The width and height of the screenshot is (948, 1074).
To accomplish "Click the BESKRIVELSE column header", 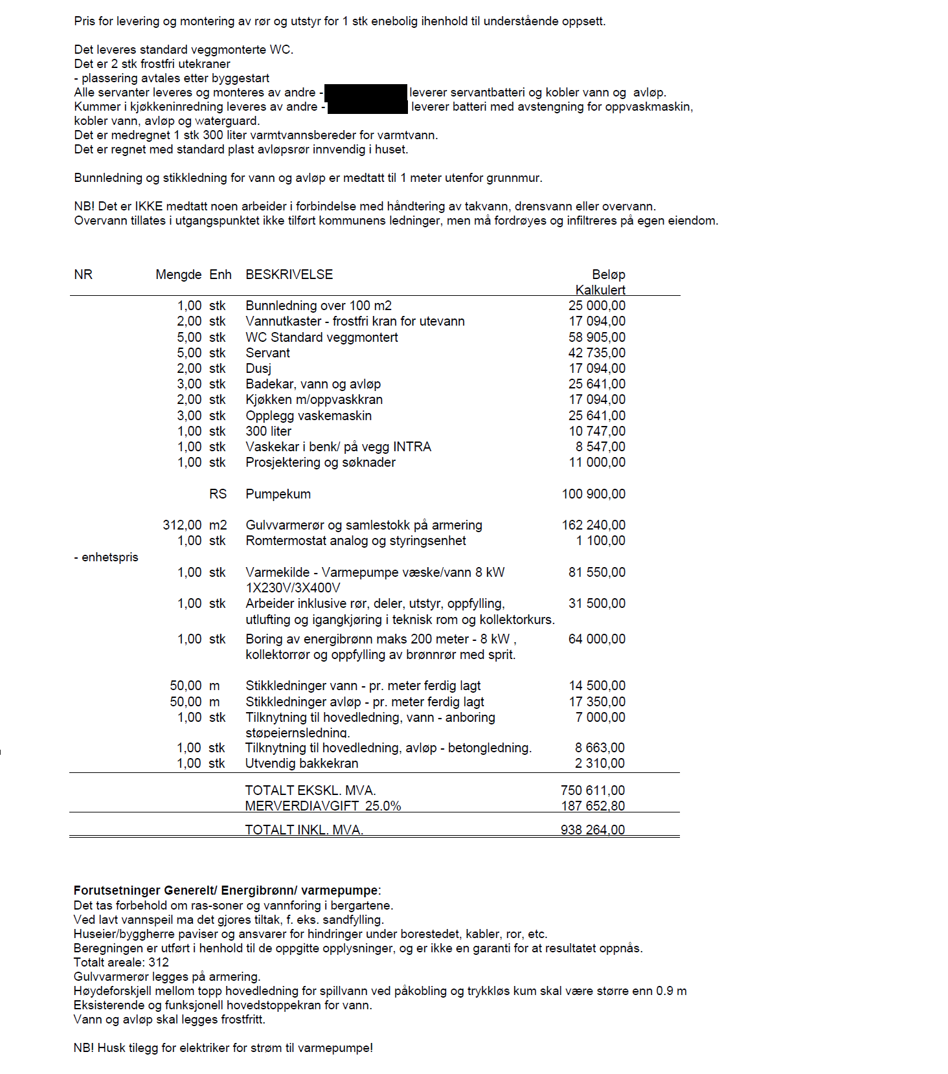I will coord(289,274).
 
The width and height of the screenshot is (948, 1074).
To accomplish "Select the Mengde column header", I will coord(178,274).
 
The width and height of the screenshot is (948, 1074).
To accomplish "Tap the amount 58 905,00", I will coord(596,337).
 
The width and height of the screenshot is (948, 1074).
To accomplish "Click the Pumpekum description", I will coord(278,494).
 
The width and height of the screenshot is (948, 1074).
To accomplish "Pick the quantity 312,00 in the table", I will coord(182,525).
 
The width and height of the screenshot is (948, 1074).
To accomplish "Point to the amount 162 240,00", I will coord(593,525).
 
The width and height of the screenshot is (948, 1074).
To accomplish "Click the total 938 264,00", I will coord(592,830).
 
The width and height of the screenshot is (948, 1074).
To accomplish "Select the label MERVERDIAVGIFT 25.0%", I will coord(322,806).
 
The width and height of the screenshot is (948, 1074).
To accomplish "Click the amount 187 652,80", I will coord(592,806).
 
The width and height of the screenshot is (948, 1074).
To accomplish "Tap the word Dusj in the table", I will coord(258,368).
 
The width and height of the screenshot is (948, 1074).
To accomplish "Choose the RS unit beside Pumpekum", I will coord(218,494).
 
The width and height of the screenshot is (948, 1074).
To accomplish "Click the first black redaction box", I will coord(365,93).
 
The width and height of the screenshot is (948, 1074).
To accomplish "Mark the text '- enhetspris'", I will coord(106,557).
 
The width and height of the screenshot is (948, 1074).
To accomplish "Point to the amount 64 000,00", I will coord(596,639).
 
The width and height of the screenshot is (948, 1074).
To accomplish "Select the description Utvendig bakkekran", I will coord(301,763).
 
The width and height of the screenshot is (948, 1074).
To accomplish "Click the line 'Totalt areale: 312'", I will coord(121,963).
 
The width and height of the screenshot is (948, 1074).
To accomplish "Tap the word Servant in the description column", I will coord(267,353).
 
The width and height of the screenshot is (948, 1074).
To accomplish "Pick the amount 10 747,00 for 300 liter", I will coord(596,431).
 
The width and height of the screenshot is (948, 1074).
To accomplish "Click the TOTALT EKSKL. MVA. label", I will coord(310,790).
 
